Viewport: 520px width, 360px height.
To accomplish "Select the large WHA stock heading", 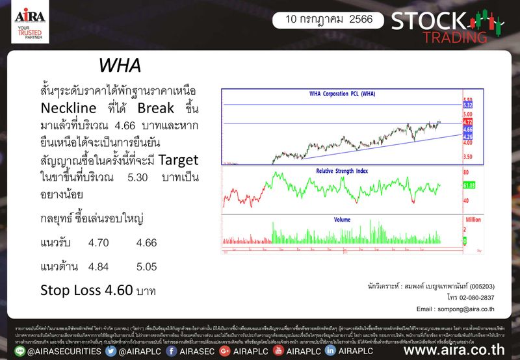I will point(120,66).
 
